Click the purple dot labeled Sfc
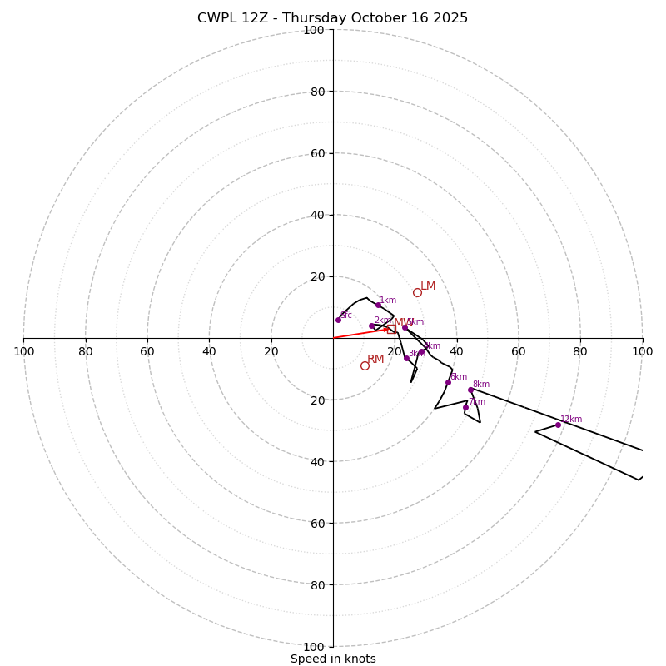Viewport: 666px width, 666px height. coord(338,320)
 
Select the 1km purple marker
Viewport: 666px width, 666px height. coord(378,305)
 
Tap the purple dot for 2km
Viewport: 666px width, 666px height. coord(371,326)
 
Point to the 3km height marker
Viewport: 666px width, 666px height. coord(406,358)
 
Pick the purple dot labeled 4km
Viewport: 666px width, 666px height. coord(421,351)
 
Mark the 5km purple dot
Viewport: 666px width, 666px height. coord(405,327)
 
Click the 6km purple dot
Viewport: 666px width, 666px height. coord(448,382)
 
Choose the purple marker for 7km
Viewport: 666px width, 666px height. coord(465,407)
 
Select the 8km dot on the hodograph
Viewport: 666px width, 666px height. coord(470,390)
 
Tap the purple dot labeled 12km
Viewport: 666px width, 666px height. coord(558,425)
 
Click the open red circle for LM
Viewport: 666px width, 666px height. coord(417,292)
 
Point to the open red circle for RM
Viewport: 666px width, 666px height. coord(365,365)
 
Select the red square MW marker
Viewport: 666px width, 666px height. coord(391,329)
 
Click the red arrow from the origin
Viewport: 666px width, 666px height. coord(362,333)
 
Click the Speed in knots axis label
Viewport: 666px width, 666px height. coord(333,659)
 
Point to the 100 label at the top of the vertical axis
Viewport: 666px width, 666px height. coord(313,30)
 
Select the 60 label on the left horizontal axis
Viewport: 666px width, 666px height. coord(147,351)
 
